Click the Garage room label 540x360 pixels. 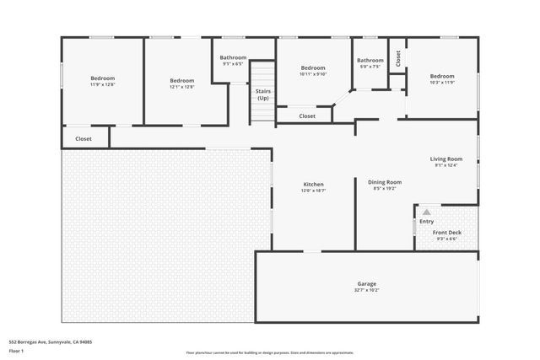(x=365, y=283)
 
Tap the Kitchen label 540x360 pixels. (x=314, y=184)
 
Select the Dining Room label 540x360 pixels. (x=384, y=182)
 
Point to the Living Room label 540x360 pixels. (x=446, y=159)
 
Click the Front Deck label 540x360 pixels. (x=446, y=233)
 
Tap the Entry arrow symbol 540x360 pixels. (x=426, y=212)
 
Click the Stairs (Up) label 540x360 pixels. (x=263, y=94)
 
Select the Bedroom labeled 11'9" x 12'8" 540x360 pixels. (x=102, y=78)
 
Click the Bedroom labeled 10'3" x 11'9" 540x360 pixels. (x=441, y=76)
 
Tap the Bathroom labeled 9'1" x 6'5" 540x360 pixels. (x=233, y=57)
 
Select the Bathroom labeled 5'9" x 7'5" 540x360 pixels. (x=370, y=60)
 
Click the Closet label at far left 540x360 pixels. (x=84, y=138)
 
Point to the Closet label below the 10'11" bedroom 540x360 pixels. (x=306, y=116)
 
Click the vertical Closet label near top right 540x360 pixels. (x=397, y=58)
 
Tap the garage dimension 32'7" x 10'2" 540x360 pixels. (x=366, y=290)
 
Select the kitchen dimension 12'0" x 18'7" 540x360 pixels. (x=314, y=191)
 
